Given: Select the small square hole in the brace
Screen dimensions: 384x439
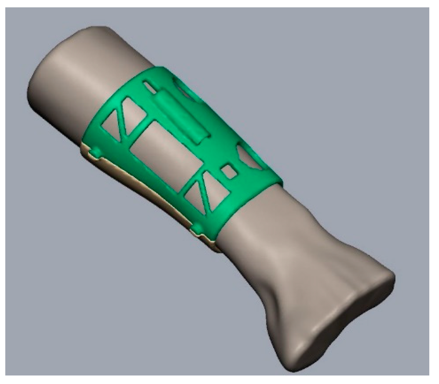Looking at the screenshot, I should pyautogui.click(x=230, y=171).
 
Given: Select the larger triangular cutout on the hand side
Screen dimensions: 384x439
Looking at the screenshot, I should pyautogui.click(x=216, y=192).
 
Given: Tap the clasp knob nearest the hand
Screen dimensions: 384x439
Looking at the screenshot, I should pyautogui.click(x=198, y=228).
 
